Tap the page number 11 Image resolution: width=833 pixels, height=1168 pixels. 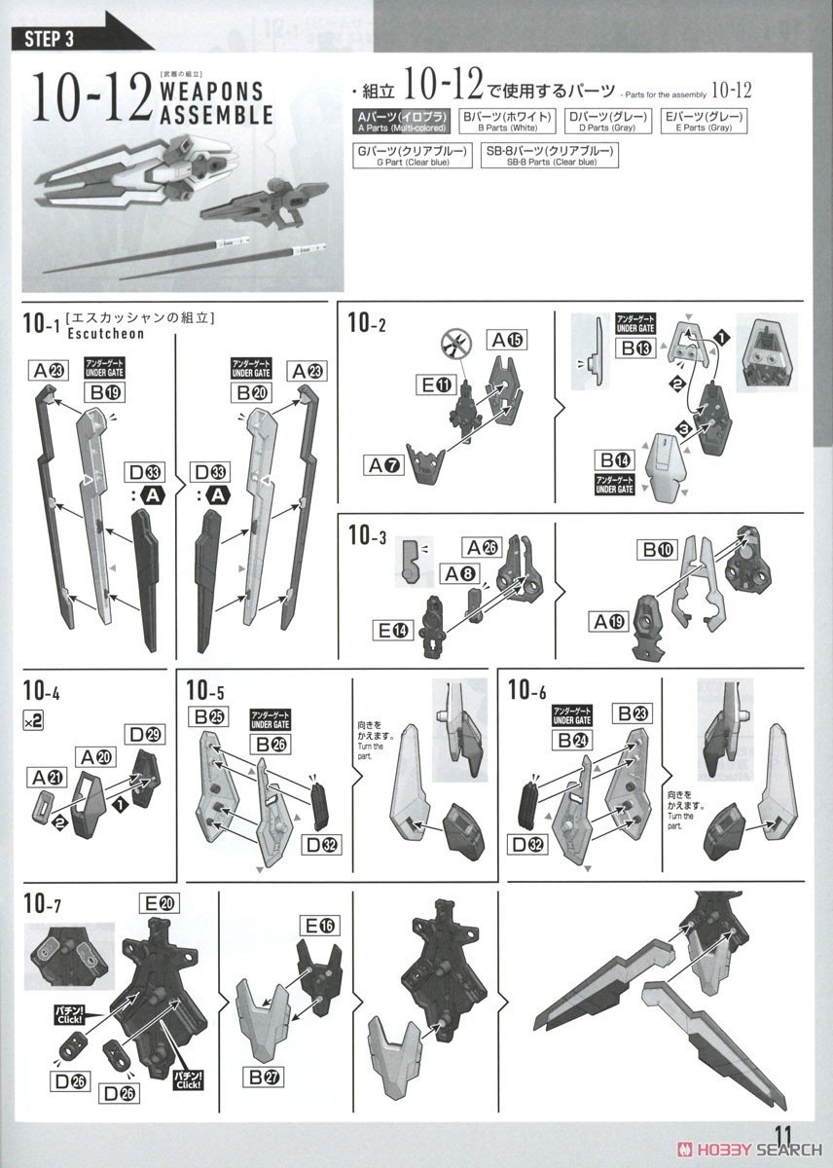click(x=787, y=1136)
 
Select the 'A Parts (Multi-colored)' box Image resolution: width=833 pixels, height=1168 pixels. click(x=401, y=122)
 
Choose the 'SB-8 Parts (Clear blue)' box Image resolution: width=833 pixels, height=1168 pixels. click(x=550, y=155)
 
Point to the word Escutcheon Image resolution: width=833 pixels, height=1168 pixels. click(x=106, y=333)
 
